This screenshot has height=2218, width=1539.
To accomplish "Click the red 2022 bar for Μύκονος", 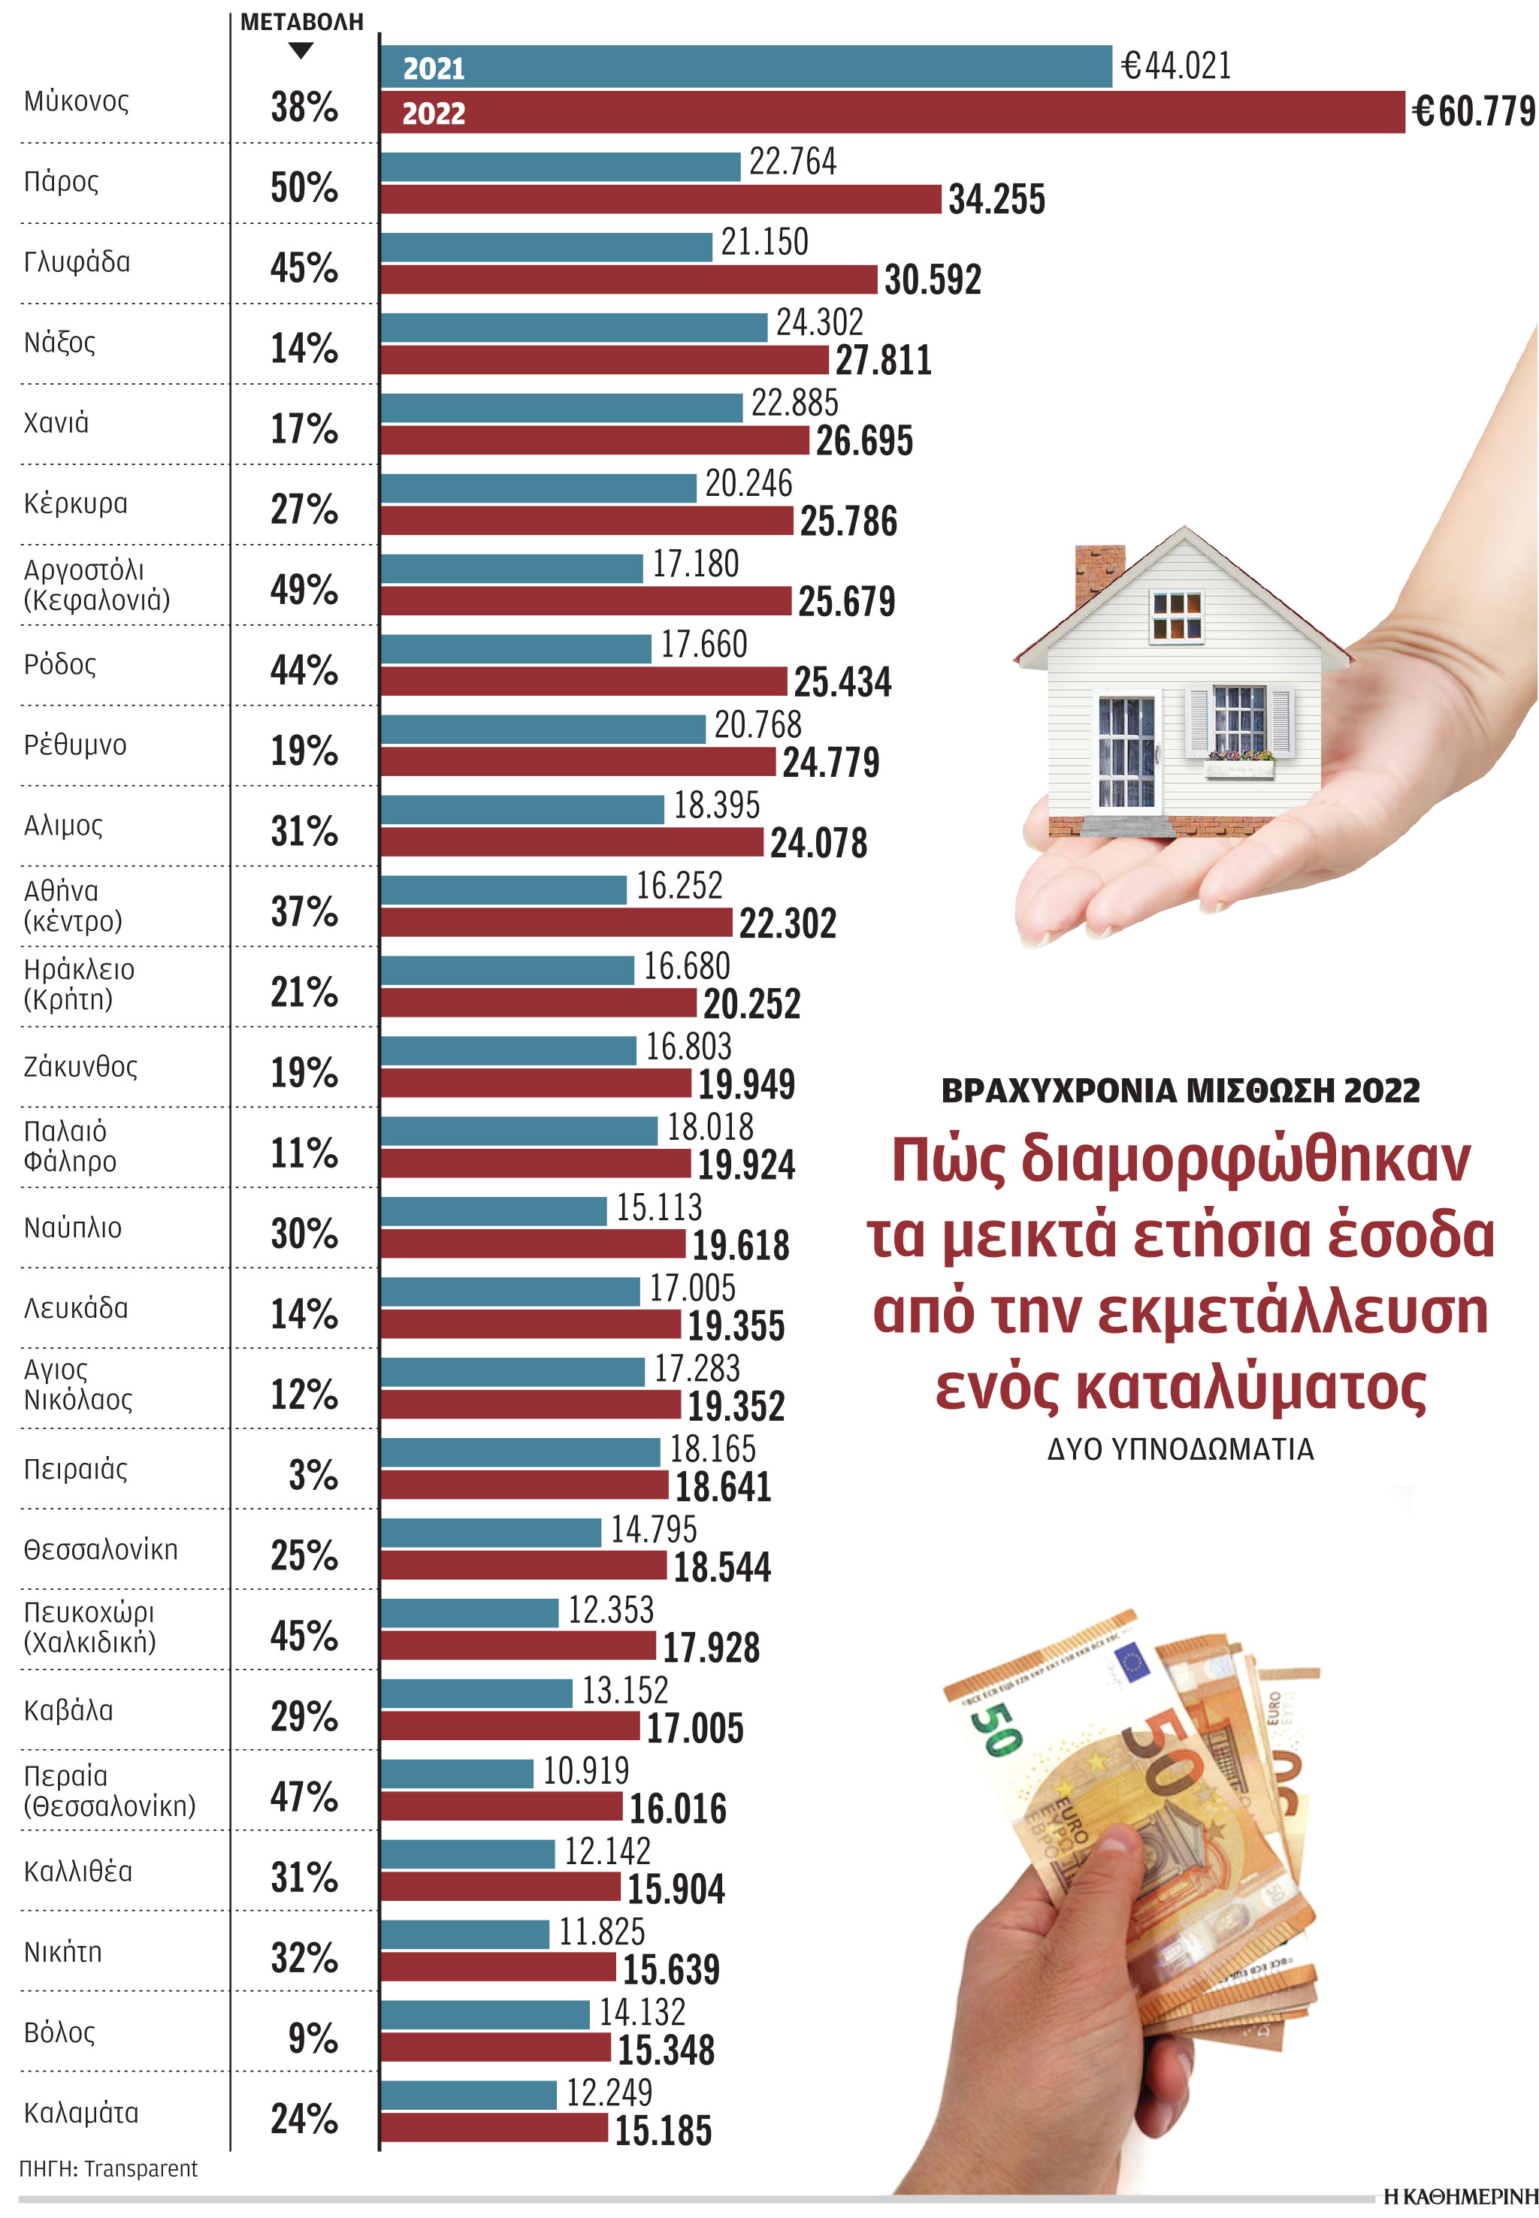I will pos(892,112).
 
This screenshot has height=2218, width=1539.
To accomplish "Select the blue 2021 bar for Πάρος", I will pos(561,167).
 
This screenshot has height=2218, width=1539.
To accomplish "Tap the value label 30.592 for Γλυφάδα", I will pos(932,280).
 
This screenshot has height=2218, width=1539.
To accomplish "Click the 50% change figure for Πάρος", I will pos(304,187).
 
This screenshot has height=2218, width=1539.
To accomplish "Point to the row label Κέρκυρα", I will pos(75,503).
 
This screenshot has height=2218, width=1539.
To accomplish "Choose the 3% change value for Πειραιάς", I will pos(313,1474).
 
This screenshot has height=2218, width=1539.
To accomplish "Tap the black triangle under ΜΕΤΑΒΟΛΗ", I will pos(301,51).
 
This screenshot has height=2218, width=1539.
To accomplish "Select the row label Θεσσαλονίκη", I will pos(100,1549).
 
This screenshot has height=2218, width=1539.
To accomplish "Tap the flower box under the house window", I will pos(1238,767).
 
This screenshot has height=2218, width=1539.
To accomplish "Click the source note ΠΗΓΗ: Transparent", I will pos(108,2169).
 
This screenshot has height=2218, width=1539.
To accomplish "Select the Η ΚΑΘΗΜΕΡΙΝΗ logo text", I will pos(1459,2197).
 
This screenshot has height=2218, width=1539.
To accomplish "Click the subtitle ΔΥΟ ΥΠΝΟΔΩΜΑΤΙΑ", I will pos(1181,1449).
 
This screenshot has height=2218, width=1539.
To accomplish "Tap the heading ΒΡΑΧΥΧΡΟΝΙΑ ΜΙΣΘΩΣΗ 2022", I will pos(1181,1090).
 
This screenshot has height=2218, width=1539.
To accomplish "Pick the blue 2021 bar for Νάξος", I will pos(574,328).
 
